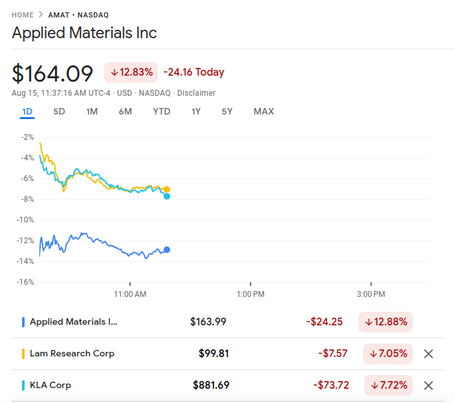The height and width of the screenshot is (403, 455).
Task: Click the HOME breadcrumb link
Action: [23, 15]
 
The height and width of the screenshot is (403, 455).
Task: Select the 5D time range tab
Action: [59, 111]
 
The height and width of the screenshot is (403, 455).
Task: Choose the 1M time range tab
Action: [92, 111]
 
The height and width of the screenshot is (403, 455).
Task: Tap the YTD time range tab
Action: [162, 111]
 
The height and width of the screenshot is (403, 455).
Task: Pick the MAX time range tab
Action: [263, 111]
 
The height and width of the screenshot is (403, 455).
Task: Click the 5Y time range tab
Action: [227, 111]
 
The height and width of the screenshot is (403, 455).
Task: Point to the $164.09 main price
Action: [52, 72]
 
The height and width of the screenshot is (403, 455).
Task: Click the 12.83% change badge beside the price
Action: [131, 72]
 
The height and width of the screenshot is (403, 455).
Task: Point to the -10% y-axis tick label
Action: [27, 220]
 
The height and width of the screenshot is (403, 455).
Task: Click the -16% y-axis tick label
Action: [27, 282]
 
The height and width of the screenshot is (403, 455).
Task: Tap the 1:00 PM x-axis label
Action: [250, 294]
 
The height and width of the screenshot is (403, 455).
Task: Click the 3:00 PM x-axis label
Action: [371, 294]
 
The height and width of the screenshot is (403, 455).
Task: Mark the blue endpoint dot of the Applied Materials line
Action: [167, 250]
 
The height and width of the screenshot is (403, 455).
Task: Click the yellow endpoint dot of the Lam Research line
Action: [167, 190]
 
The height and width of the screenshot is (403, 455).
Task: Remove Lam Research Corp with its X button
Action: [428, 354]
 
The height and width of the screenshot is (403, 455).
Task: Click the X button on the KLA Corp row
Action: [428, 386]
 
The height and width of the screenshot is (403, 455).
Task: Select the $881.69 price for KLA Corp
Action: [211, 386]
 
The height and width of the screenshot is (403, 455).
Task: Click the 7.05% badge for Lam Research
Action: [388, 354]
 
